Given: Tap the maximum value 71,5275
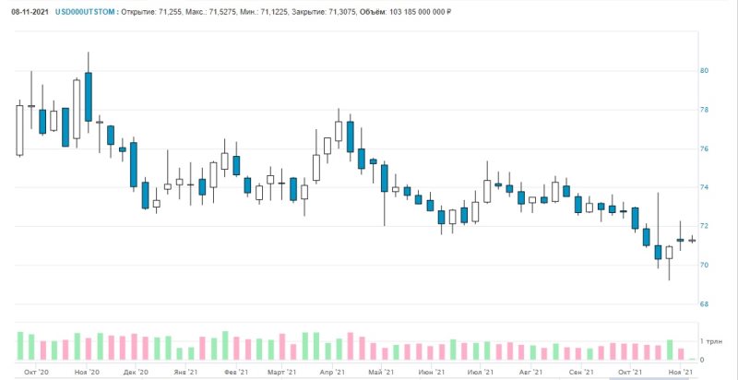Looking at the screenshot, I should coord(237,12).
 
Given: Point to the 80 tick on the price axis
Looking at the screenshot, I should coord(704,71).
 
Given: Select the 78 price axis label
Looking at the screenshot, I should coord(704,110).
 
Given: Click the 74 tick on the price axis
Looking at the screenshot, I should coord(704,187).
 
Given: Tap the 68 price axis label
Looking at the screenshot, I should coord(704,303).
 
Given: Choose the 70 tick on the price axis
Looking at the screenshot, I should coord(704,265).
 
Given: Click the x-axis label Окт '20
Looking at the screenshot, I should coord(37,372).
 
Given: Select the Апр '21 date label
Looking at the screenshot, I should coord(332,372).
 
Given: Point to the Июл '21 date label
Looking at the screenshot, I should coord(480,372).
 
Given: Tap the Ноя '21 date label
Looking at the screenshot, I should coord(680,372).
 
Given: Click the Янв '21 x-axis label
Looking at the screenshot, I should coord(184,372).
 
